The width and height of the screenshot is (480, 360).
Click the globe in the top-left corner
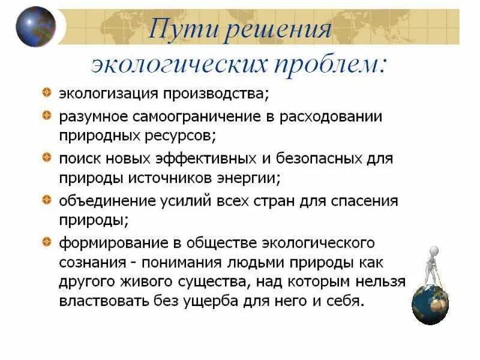click(x=35, y=26)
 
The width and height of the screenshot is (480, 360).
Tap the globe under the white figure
click(x=430, y=305)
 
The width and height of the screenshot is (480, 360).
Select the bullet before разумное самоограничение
click(x=46, y=115)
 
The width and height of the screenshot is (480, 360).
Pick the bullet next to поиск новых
click(x=46, y=158)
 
